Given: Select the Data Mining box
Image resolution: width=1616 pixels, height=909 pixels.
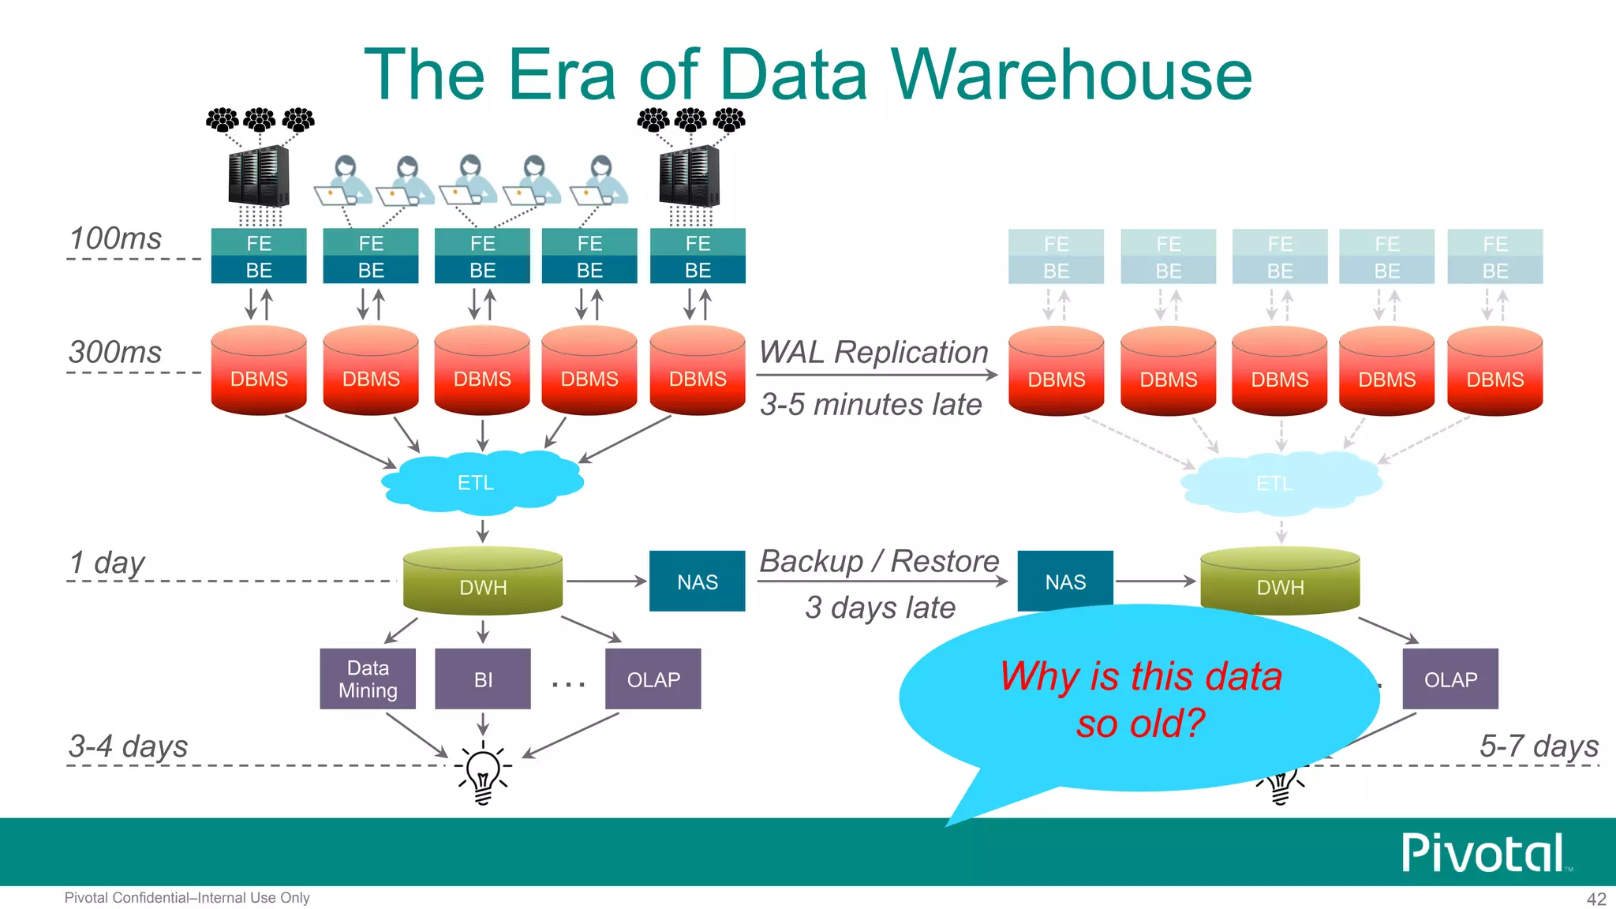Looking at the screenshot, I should pos(368,679).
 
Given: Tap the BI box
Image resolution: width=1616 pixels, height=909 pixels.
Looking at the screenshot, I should pos(483,679).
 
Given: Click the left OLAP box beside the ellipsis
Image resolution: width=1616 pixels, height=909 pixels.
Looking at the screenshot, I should pos(653,679).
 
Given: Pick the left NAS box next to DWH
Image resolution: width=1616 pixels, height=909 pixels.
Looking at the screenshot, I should pos(697,582).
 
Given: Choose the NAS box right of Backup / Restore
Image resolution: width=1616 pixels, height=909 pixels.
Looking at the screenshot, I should pos(1065,582).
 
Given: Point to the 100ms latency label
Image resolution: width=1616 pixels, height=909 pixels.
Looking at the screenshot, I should pos(115,238).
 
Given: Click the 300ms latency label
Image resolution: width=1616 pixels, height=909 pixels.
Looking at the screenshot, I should pos(115,352).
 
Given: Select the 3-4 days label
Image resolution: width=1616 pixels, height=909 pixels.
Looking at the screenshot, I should pos(128,746).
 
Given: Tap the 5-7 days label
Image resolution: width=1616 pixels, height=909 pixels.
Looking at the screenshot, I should pos(1538,746).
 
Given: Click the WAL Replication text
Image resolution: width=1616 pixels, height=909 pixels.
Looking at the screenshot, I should pos(873,352).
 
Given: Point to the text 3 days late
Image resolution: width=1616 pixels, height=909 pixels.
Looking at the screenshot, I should pos(880,608).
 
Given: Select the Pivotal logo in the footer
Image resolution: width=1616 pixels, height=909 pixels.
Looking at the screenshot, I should pos(1483,853).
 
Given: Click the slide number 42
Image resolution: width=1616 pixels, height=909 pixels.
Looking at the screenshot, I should pos(1595,899).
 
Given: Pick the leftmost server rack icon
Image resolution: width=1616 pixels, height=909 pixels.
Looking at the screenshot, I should pos(258,177).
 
